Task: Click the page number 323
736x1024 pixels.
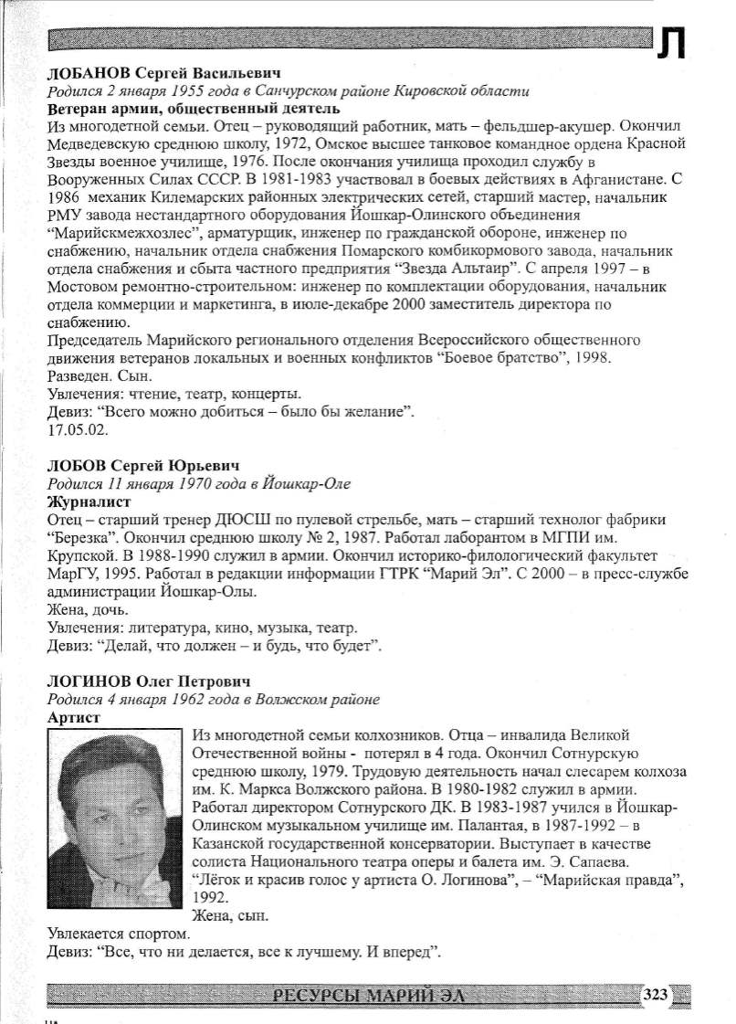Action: pos(658,994)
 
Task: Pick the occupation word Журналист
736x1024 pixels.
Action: pos(89,501)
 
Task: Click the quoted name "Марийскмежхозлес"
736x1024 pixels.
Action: pos(131,232)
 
